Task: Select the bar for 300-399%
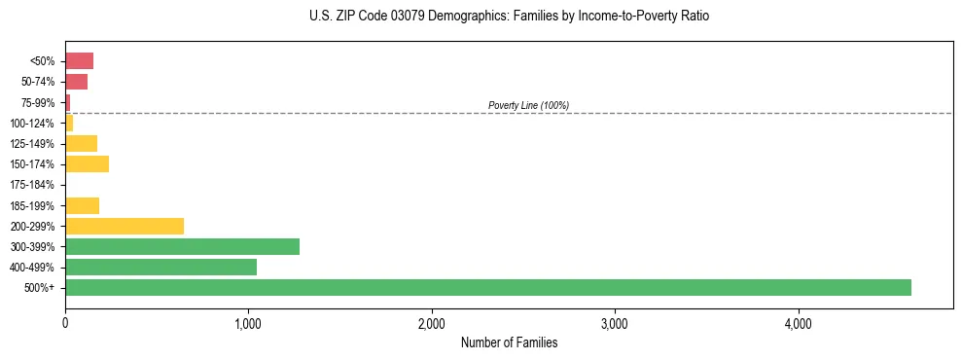tap(182, 246)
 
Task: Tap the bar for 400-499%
tap(160, 267)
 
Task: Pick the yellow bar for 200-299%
tap(125, 226)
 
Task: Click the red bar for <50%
tap(79, 61)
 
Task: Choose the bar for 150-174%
tap(87, 164)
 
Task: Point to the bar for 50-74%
tap(76, 82)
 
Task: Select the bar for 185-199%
tap(82, 205)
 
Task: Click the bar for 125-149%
tap(81, 144)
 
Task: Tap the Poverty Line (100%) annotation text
tap(528, 105)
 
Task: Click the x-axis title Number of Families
tap(509, 342)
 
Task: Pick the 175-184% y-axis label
tap(32, 185)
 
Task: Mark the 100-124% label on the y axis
tap(32, 124)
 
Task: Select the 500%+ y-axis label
tap(40, 288)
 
